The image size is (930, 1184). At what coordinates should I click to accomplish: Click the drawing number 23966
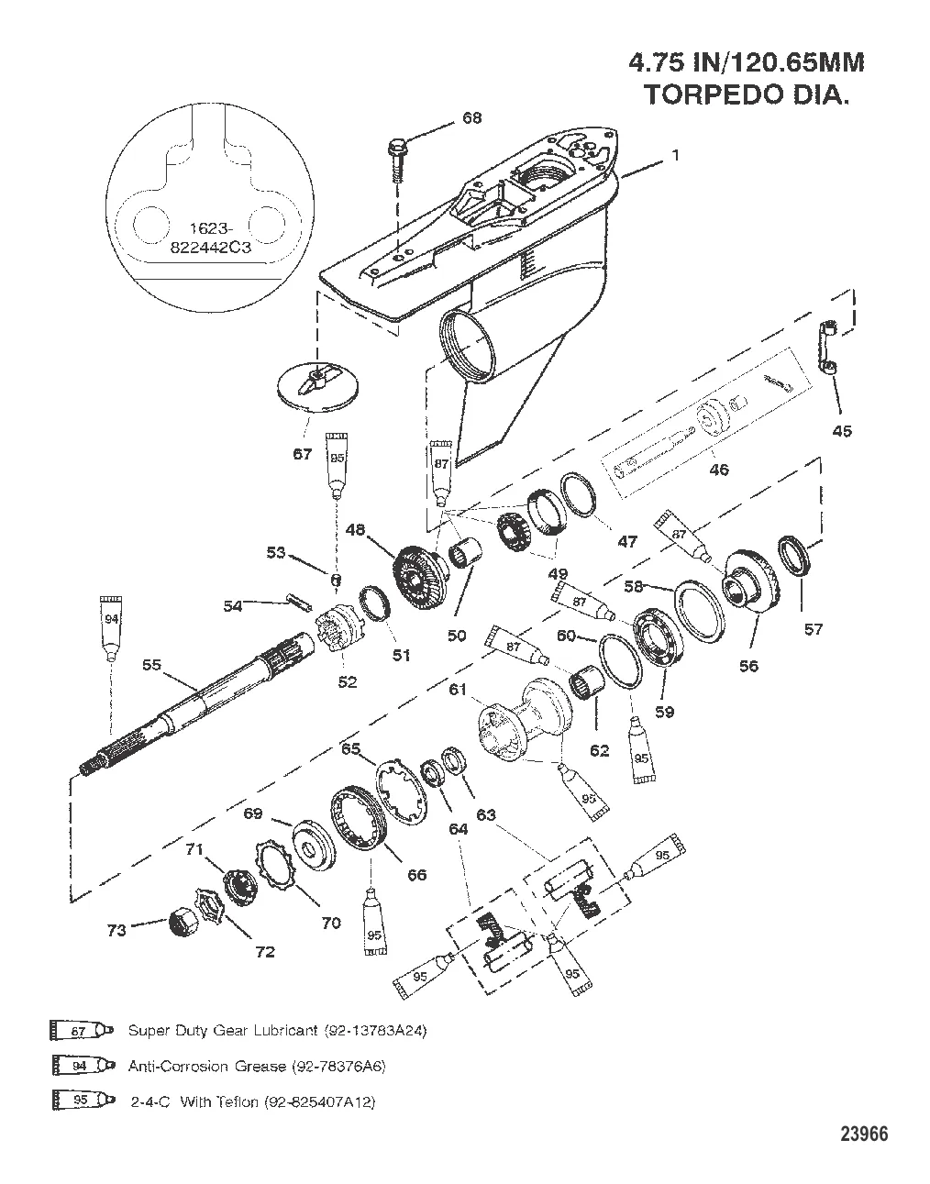tap(863, 1134)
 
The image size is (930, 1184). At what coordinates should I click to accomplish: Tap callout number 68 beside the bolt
tap(471, 118)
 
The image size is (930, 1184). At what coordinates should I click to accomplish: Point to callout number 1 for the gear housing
tap(675, 156)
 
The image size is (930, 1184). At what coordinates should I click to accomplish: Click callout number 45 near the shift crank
tap(840, 431)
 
